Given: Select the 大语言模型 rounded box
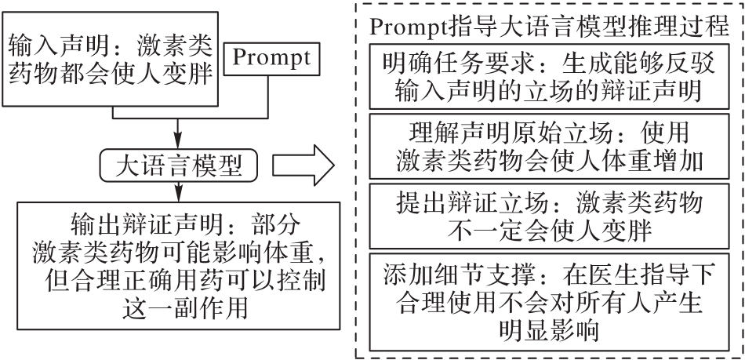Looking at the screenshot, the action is pyautogui.click(x=179, y=165).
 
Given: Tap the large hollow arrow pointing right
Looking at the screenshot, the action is pyautogui.click(x=303, y=165).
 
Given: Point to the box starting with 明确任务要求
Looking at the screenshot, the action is pyautogui.click(x=549, y=76).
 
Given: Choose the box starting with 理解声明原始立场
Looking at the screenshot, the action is pyautogui.click(x=549, y=147).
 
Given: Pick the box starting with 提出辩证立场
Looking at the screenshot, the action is pyautogui.click(x=549, y=216).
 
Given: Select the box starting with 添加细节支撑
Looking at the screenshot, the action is pyautogui.click(x=549, y=302).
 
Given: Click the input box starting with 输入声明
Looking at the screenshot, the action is pyautogui.click(x=111, y=59).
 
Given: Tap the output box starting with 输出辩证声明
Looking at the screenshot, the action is pyautogui.click(x=179, y=265).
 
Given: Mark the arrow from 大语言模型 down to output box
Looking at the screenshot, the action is pyautogui.click(x=178, y=192).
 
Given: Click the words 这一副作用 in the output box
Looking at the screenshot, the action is pyautogui.click(x=185, y=307).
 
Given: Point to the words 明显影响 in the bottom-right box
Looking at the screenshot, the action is pyautogui.click(x=549, y=329).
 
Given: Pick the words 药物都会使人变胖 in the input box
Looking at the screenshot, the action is pyautogui.click(x=111, y=74).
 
